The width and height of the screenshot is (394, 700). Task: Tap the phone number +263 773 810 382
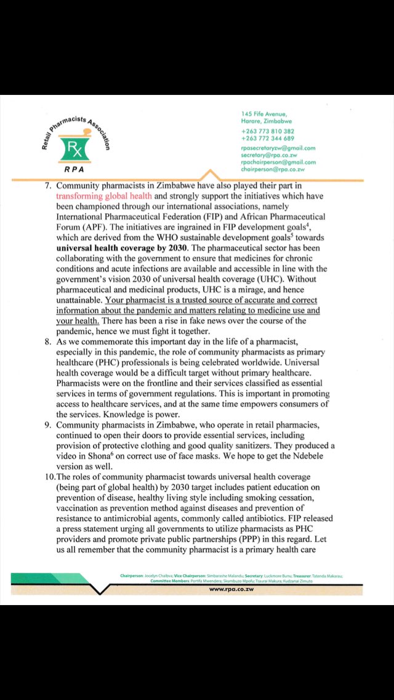(267, 131)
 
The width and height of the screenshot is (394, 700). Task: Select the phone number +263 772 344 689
(267, 139)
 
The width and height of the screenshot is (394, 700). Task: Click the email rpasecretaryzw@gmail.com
(278, 148)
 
